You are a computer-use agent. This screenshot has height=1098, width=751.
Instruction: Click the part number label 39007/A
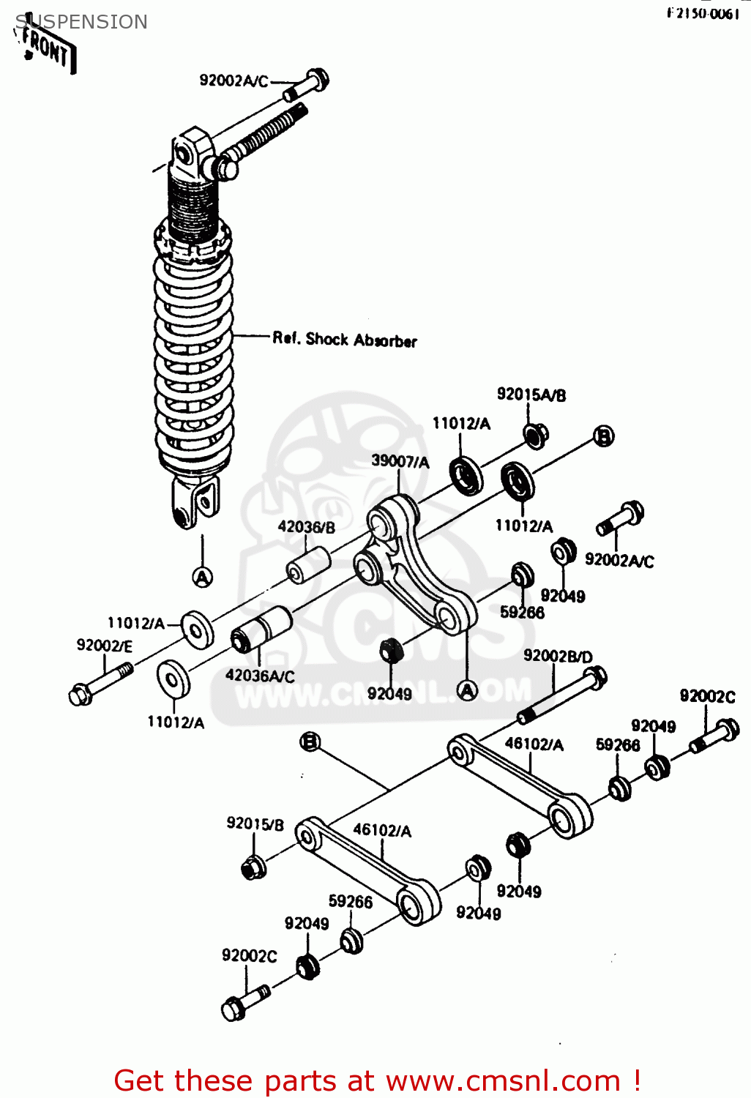click(400, 461)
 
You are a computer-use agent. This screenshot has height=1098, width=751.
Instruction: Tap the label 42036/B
click(306, 526)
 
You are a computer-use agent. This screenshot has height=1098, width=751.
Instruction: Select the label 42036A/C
click(260, 676)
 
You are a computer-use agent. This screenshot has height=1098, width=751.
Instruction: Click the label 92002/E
click(105, 646)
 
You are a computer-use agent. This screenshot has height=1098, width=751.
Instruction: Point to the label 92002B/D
click(558, 656)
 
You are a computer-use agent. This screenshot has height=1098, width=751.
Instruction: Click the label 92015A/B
click(531, 395)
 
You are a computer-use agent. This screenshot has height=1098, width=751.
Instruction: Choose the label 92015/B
click(255, 823)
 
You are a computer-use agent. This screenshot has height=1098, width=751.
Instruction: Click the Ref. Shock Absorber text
click(344, 340)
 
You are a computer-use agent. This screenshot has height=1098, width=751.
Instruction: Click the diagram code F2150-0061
click(703, 14)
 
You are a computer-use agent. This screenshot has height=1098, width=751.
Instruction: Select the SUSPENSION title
click(81, 22)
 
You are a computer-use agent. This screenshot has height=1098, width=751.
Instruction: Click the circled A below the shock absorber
click(203, 577)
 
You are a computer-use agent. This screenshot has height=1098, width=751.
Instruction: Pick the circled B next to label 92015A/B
click(603, 436)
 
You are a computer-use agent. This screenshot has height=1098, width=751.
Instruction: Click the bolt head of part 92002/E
click(80, 694)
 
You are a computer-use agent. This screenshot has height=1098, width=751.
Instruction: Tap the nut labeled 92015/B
click(253, 867)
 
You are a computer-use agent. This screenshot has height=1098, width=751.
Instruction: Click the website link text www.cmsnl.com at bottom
click(503, 1081)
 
